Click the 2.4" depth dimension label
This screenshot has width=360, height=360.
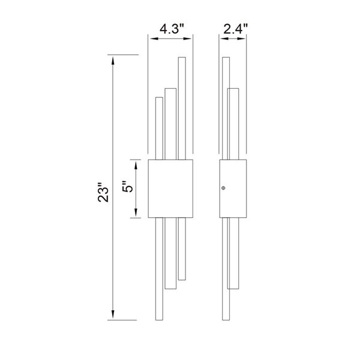point(234,28)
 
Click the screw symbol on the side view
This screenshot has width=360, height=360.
point(223,188)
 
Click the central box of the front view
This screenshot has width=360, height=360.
point(170,188)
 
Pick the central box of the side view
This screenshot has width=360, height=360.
point(233,188)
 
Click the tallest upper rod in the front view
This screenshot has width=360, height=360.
point(181,108)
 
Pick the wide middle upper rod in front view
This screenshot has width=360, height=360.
point(170,124)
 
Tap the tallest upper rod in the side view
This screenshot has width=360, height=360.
point(226,108)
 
